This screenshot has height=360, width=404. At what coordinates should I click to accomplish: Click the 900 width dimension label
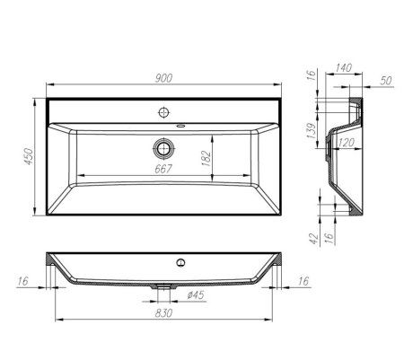pyautogui.click(x=164, y=79)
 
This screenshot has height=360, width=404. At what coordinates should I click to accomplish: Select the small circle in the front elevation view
pyautogui.click(x=180, y=263)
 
